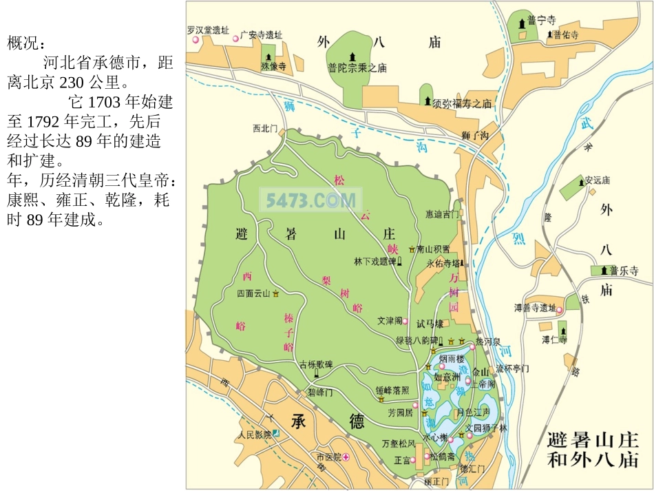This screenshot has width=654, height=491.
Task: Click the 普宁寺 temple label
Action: pos(541,21)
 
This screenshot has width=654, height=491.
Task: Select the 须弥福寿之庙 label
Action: pos(462,104)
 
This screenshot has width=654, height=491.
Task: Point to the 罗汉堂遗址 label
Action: pos(208,30)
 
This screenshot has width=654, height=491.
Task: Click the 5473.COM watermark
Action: pos(310,200)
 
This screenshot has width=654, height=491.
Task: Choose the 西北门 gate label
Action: pos(264,128)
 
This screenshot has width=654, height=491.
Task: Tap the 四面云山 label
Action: pos(253,293)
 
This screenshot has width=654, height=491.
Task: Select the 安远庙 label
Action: pos(597,180)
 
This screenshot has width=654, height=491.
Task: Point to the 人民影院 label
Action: pos(253,435)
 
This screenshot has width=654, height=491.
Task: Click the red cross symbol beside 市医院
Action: pos(346,457)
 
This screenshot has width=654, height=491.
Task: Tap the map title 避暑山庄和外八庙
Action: pos(593,450)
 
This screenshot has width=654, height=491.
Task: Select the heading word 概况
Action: pos(25,44)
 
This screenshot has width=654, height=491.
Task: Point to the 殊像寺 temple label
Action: pos(273,67)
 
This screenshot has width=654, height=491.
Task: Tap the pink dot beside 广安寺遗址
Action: pos(235,38)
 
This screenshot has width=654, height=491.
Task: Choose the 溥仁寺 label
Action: pos(554,339)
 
